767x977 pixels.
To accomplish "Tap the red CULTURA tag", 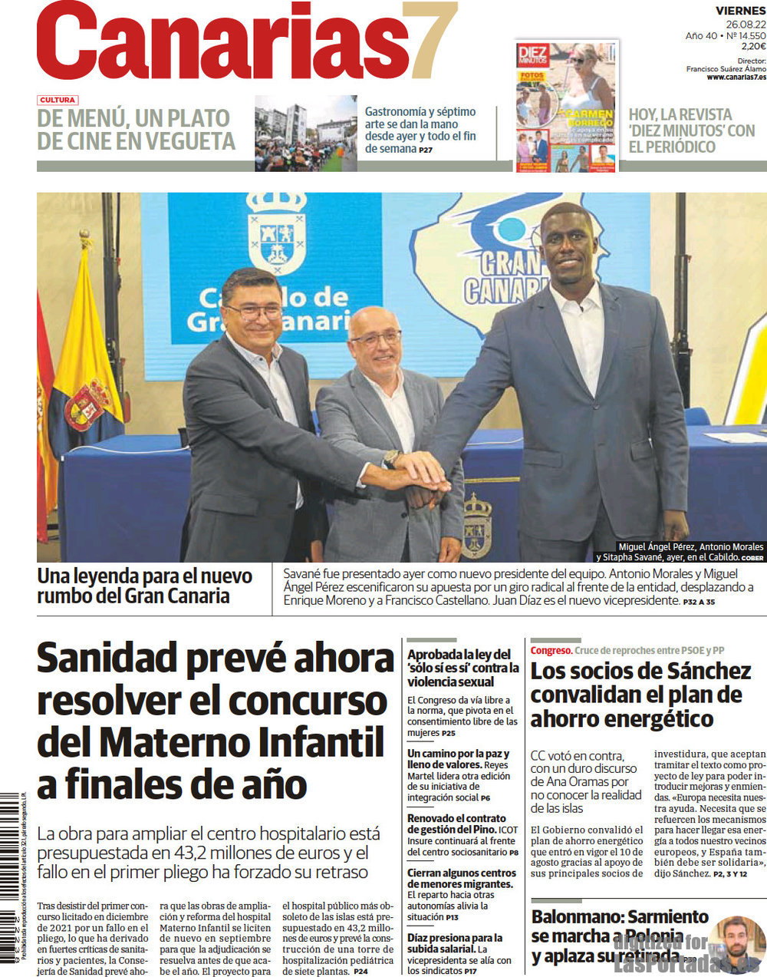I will (58, 100).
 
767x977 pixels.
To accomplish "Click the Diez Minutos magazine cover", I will (566, 106).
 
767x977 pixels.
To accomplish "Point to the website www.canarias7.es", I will (736, 77).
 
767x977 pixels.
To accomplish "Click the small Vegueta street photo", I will (305, 133).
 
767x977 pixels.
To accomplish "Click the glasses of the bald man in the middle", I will (376, 337).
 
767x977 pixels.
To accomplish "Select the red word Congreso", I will (551, 650).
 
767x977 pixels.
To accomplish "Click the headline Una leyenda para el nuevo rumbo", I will (144, 586).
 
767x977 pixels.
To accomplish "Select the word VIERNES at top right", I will (740, 11).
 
